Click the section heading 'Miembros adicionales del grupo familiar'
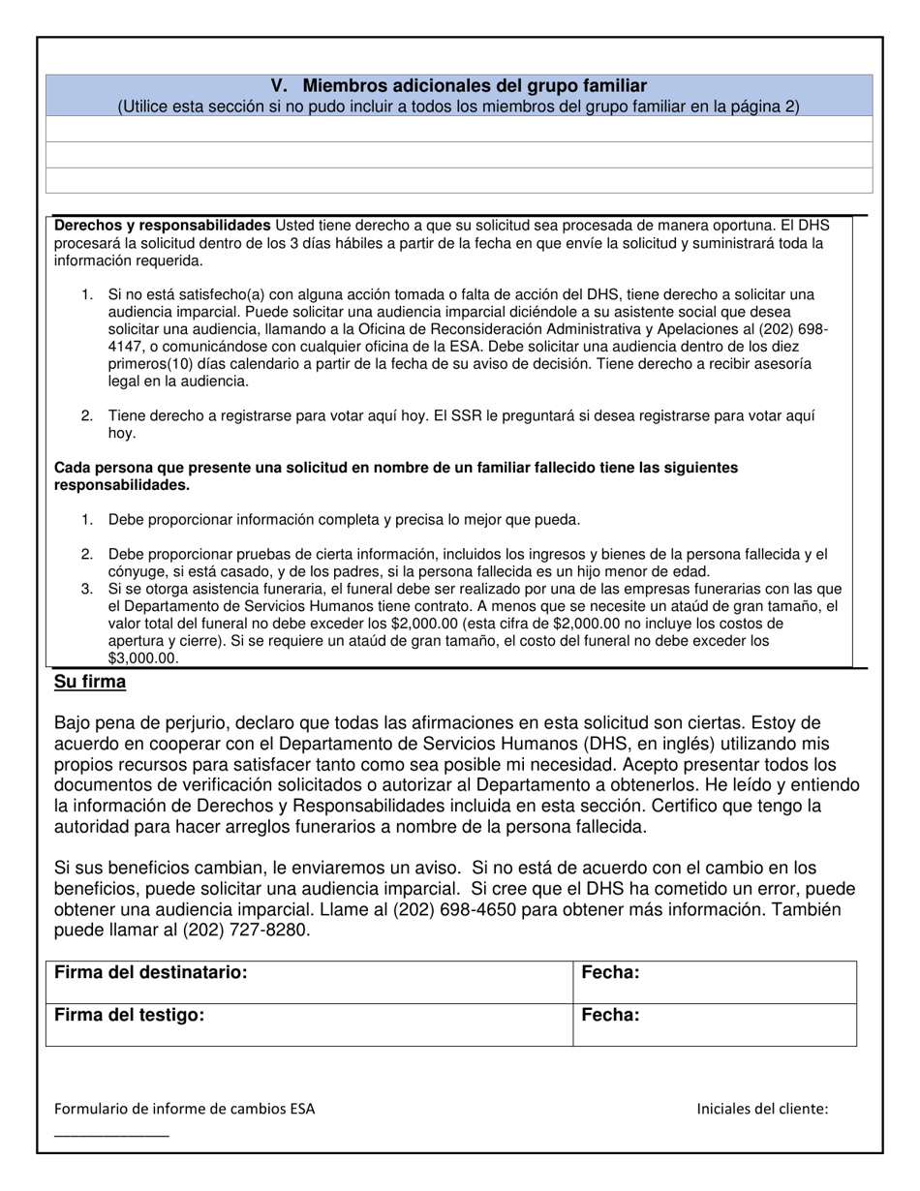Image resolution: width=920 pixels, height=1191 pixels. tap(475, 86)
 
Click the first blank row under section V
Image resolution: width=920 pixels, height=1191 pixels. tap(459, 129)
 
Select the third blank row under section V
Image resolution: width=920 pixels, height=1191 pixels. tap(459, 180)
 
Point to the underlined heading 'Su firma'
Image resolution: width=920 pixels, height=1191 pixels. tap(90, 682)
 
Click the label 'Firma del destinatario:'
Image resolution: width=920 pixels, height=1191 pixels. tap(151, 972)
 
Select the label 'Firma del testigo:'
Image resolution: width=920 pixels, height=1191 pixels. tap(130, 1015)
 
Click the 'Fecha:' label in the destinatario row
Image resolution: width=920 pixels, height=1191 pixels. tap(610, 972)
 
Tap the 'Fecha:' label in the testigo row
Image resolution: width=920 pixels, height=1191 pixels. tap(610, 1015)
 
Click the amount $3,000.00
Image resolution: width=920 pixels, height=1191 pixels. tap(143, 658)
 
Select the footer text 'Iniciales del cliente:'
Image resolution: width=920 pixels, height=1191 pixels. tap(762, 1109)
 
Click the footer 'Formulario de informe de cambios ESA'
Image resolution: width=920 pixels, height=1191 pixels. tap(184, 1109)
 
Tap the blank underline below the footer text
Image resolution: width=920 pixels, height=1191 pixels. tap(111, 1134)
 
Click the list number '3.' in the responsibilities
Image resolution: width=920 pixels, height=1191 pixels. tap(87, 589)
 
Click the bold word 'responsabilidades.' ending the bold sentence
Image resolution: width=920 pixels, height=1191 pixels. tap(122, 484)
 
